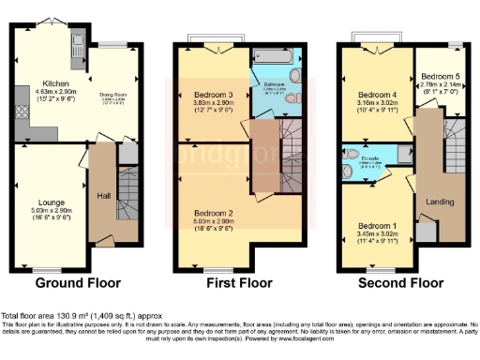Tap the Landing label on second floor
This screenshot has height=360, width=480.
click(440, 202)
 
